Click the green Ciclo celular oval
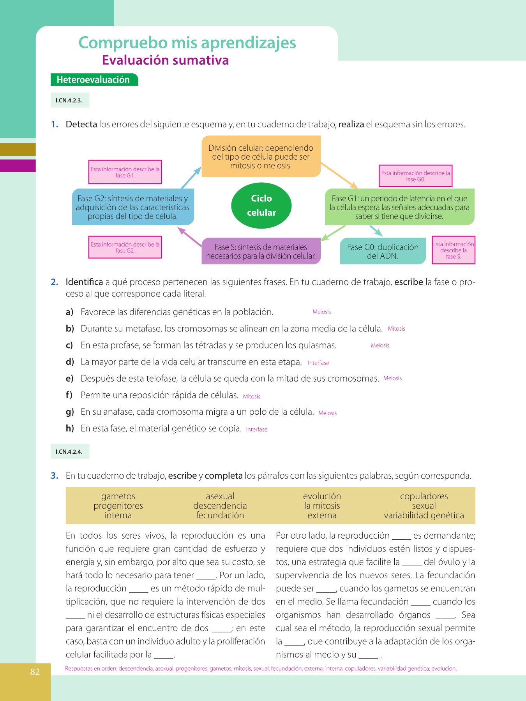(x=261, y=205)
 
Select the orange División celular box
(x=261, y=157)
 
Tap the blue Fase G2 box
(x=133, y=207)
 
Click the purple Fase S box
(x=261, y=252)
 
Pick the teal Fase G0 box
(x=382, y=252)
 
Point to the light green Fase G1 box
(x=399, y=207)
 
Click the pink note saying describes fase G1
(x=125, y=172)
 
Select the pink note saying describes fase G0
(x=415, y=176)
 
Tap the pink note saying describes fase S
(x=454, y=250)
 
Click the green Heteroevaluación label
(x=94, y=80)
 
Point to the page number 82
(x=35, y=672)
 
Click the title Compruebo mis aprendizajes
(x=187, y=43)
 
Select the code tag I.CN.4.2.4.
(x=69, y=452)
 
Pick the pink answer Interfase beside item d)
(x=318, y=363)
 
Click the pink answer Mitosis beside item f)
(x=252, y=396)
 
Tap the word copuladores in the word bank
(x=424, y=496)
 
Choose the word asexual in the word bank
(x=220, y=496)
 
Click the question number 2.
(x=55, y=282)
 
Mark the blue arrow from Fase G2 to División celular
(x=191, y=178)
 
